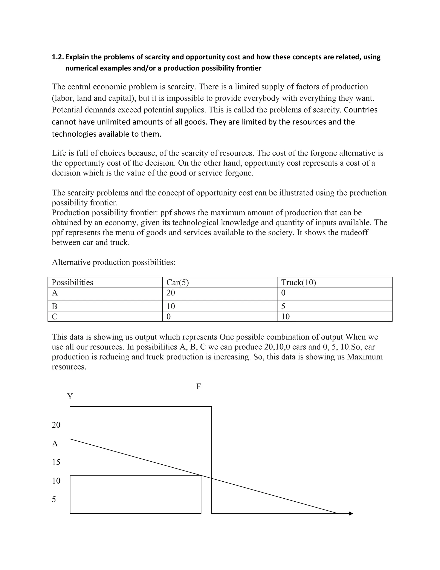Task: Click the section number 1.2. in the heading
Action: point(58,57)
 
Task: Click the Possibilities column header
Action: point(72,282)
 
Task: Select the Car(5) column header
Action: point(177,282)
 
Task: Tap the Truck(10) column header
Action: point(298,282)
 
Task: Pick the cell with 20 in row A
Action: point(171,293)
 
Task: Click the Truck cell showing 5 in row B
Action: point(283,306)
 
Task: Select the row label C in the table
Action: point(55,317)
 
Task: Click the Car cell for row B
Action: point(171,306)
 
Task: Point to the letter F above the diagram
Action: point(199,387)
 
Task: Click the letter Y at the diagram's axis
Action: point(70,396)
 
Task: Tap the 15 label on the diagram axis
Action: point(56,462)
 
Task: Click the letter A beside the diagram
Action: point(55,444)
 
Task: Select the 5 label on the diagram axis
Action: point(54,499)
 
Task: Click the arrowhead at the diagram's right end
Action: point(351,513)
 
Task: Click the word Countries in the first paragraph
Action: point(361,110)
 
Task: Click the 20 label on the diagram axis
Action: point(56,425)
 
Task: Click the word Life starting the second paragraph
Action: point(59,153)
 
